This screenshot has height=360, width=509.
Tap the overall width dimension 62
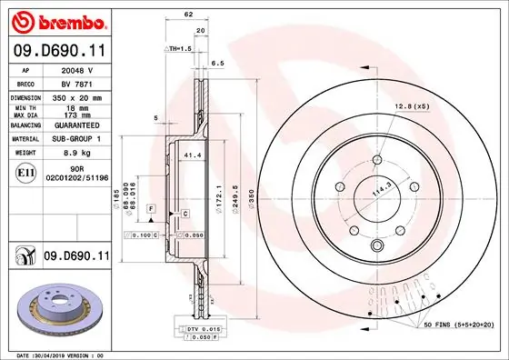click(188, 15)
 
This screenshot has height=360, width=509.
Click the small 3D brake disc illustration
click(55, 308)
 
